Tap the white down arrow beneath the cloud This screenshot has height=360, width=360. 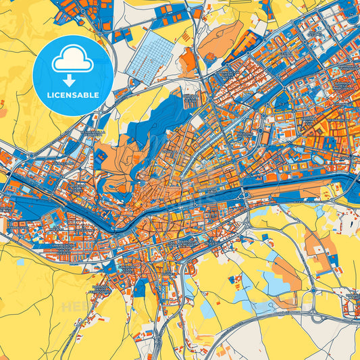(72, 79)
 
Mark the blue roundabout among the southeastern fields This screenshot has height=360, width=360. (313, 292)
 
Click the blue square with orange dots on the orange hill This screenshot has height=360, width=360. (101, 156)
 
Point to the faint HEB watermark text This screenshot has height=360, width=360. (71, 307)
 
